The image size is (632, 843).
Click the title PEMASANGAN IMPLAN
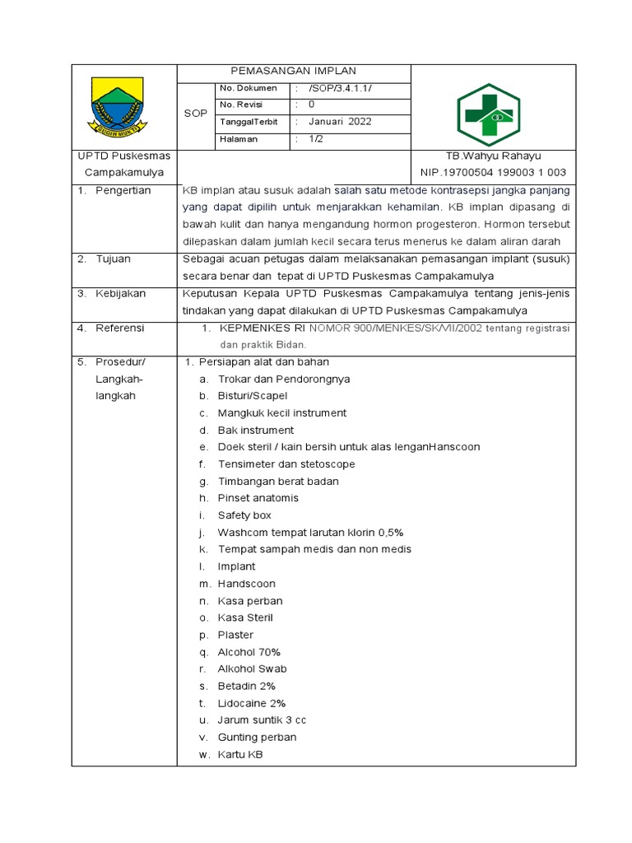pyautogui.click(x=293, y=72)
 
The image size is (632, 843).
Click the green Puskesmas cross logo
pyautogui.click(x=489, y=114)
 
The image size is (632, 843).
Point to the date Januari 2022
pyautogui.click(x=340, y=122)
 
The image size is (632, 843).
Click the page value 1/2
pyautogui.click(x=317, y=139)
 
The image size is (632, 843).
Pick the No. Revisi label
pyautogui.click(x=239, y=105)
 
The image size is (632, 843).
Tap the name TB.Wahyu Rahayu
pyautogui.click(x=493, y=156)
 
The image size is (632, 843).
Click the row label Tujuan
pyautogui.click(x=114, y=259)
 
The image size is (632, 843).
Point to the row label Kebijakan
pyautogui.click(x=120, y=294)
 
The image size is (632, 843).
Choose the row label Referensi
pyautogui.click(x=119, y=328)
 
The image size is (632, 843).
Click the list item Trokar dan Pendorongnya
pyautogui.click(x=284, y=380)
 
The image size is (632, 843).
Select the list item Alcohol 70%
pyautogui.click(x=249, y=652)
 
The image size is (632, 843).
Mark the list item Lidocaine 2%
pyautogui.click(x=252, y=703)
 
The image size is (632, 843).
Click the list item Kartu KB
pyautogui.click(x=240, y=755)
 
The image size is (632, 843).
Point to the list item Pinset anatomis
pyautogui.click(x=258, y=498)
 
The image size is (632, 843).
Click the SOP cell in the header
pyautogui.click(x=196, y=114)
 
